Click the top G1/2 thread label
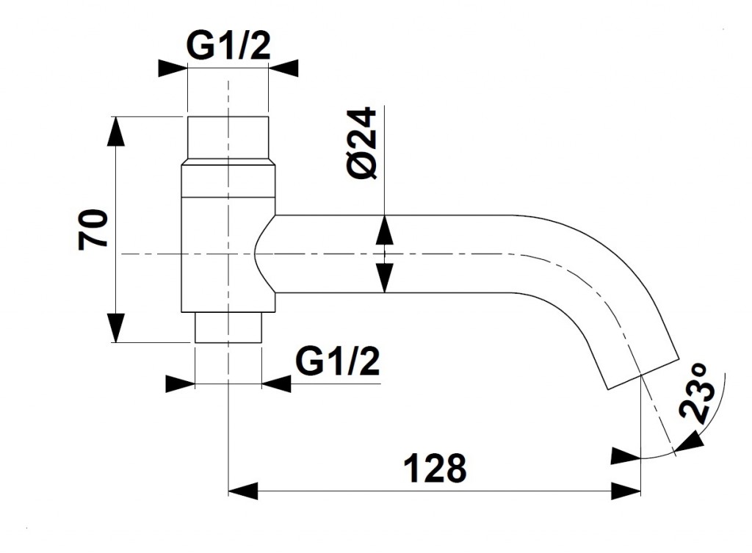pos(228,46)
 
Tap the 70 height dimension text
pos(93,229)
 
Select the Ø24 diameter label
pos(363,143)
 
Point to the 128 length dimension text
pos(435,468)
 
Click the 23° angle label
pos(698,394)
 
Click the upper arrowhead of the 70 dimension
pos(115,131)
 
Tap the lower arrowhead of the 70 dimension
pos(115,328)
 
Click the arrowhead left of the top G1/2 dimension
pos(173,68)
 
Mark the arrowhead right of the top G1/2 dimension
pos(283,68)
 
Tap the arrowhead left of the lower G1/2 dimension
pos(181,383)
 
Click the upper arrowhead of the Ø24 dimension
pos(384,230)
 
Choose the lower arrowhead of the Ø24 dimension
pos(384,278)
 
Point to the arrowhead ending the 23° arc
pos(690,441)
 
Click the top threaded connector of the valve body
pos(228,140)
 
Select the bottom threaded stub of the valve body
pos(228,328)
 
